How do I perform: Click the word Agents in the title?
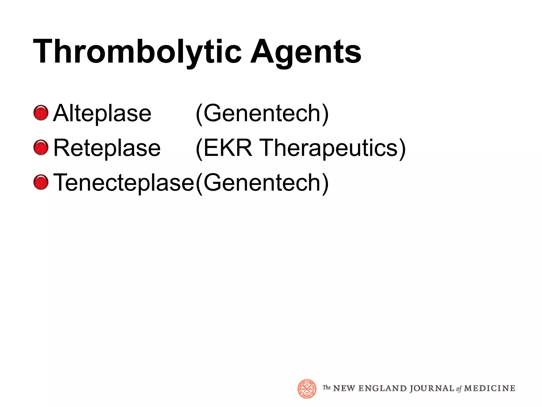tap(306, 52)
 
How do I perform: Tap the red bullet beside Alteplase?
tap(41, 113)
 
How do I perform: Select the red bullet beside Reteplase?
tap(41, 147)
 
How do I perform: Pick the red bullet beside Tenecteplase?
tap(41, 182)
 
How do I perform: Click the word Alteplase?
tap(102, 113)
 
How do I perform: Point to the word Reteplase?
tap(107, 148)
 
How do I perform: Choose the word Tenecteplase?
tap(124, 183)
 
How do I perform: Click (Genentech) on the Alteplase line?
tap(262, 113)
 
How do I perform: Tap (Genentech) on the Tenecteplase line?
tap(262, 183)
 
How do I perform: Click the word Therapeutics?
tap(329, 148)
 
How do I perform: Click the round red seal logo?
tap(307, 389)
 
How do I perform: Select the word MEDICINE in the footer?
tap(490, 388)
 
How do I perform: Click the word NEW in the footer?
tap(344, 388)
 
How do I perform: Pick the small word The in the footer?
tap(327, 388)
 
